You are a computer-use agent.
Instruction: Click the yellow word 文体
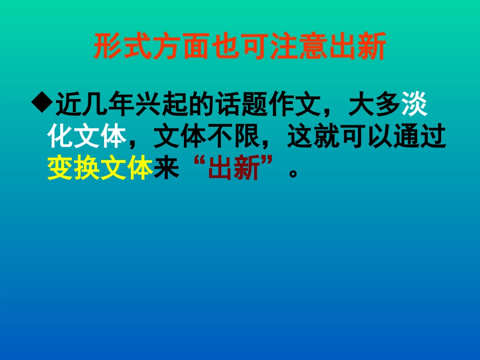click(x=126, y=169)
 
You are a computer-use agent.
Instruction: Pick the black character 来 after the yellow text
click(x=166, y=169)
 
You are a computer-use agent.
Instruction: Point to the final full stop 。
click(x=292, y=174)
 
